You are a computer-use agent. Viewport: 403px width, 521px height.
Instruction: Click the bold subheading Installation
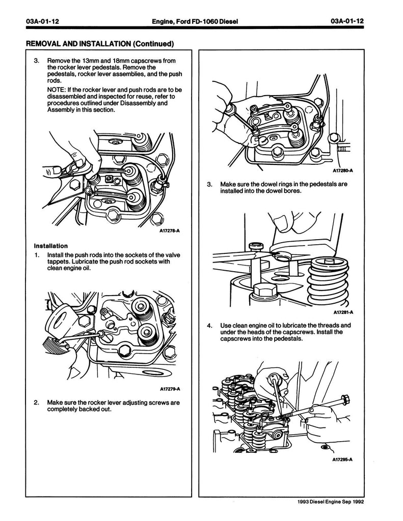point(51,246)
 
